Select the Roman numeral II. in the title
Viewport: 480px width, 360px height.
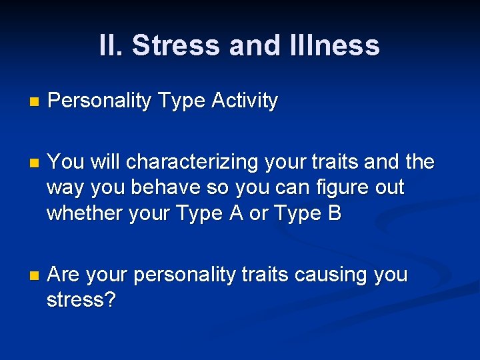pos(111,45)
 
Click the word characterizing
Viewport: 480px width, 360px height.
pos(193,162)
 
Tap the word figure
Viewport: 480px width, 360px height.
pos(342,188)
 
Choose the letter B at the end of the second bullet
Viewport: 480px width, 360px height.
pos(333,213)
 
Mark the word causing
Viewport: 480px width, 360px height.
pos(331,275)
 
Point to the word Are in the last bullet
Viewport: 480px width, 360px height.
pos(65,275)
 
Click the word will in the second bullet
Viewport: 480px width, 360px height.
pos(105,162)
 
